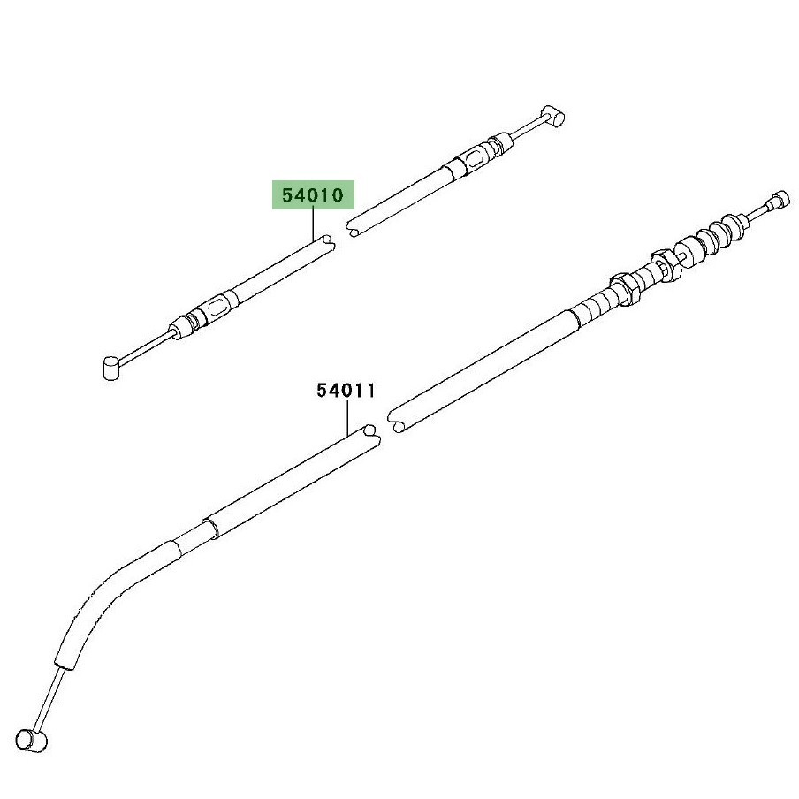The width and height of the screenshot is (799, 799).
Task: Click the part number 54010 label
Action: (313, 195)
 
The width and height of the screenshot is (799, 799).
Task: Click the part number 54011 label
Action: (346, 391)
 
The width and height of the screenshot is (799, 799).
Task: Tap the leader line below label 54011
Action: (347, 417)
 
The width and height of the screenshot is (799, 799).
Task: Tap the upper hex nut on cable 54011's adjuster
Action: (666, 265)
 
